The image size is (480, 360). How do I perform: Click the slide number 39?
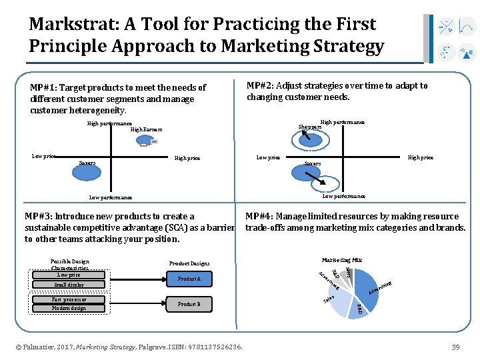(456, 347)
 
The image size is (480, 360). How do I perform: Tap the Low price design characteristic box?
(69, 275)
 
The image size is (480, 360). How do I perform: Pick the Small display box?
(69, 285)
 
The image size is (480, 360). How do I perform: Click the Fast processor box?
(69, 299)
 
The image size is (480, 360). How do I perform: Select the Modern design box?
(69, 309)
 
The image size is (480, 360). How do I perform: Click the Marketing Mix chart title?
(341, 259)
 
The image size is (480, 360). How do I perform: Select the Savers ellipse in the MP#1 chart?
(87, 163)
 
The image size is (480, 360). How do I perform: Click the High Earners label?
(146, 129)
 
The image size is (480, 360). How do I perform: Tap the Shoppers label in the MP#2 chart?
(309, 127)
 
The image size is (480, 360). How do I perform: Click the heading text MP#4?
(259, 216)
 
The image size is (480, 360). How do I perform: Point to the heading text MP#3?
(38, 216)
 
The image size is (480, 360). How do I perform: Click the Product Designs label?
(189, 263)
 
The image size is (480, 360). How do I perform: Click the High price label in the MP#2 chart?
(420, 158)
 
